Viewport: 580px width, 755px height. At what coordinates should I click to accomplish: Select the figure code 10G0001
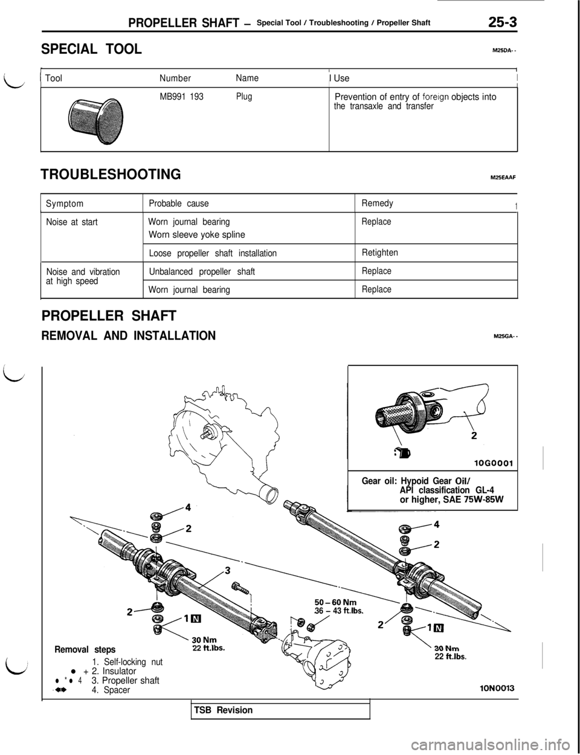494,464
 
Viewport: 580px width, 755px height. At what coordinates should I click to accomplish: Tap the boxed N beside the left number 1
196,618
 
